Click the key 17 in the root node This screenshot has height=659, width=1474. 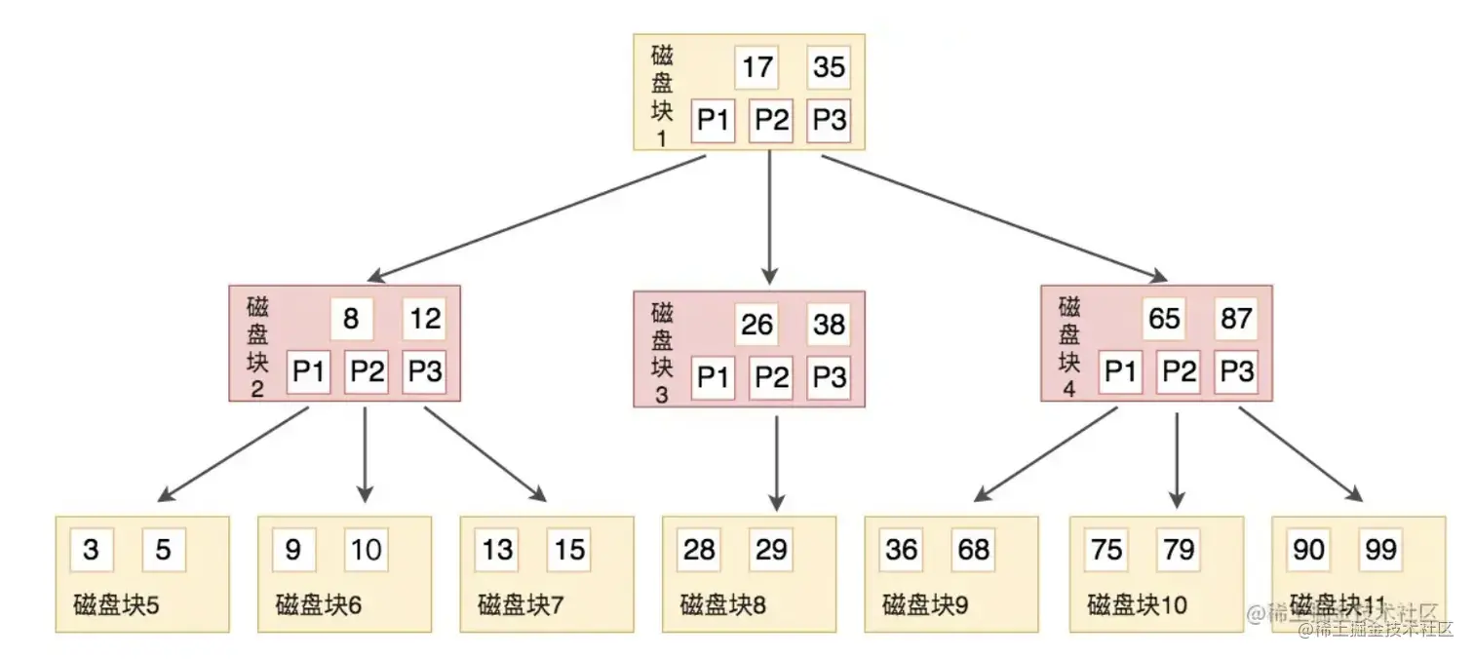[x=757, y=67]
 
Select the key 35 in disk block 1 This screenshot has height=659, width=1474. [x=829, y=67]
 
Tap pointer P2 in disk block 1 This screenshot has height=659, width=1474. [x=771, y=121]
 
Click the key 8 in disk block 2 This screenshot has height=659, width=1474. [x=352, y=319]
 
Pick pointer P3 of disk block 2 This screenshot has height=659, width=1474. [x=424, y=372]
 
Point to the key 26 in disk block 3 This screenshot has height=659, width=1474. [x=757, y=324]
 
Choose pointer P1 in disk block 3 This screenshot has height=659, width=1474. [x=713, y=377]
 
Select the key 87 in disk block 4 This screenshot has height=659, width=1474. [x=1236, y=319]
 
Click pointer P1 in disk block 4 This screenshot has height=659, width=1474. [x=1120, y=372]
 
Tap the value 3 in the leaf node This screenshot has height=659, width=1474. [x=91, y=550]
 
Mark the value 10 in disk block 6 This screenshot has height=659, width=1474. [x=366, y=550]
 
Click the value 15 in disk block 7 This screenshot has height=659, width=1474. [x=568, y=550]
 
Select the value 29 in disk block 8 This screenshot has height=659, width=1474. [x=771, y=550]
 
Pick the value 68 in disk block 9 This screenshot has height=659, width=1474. [x=973, y=550]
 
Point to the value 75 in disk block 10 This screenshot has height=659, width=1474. [x=1106, y=550]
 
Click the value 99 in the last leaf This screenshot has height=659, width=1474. [x=1380, y=550]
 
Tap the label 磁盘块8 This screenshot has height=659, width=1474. [x=722, y=605]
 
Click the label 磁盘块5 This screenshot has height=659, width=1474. [x=116, y=605]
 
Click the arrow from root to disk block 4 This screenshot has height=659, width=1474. [x=994, y=217]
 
